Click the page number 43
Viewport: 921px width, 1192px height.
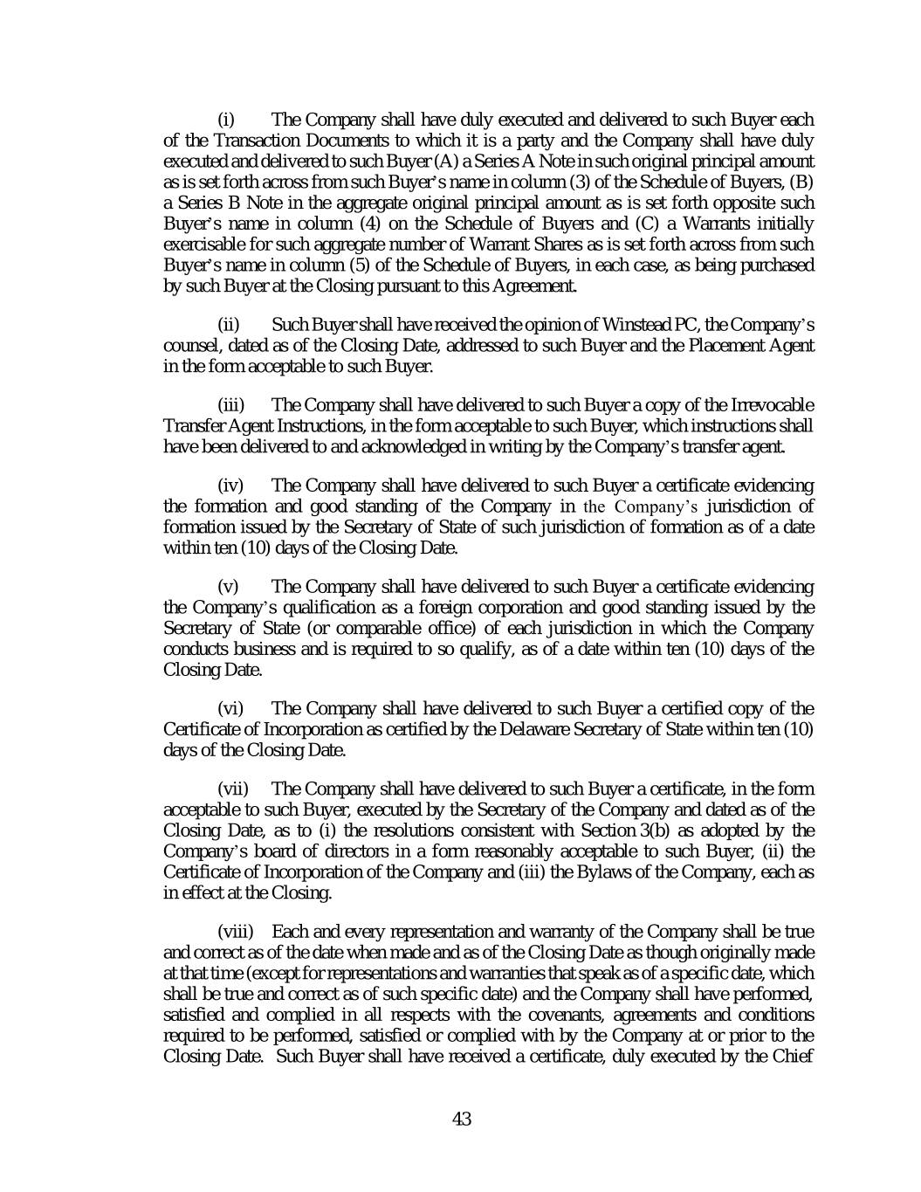point(462,1119)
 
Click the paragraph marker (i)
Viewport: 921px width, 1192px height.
point(226,120)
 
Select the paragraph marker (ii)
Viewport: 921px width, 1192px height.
point(228,326)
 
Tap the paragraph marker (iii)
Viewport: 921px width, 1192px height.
point(230,405)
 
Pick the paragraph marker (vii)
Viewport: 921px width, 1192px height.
point(233,789)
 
